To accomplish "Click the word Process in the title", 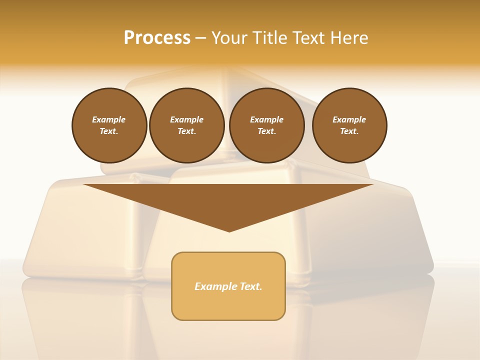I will pyautogui.click(x=157, y=38).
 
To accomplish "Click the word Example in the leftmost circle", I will pyautogui.click(x=108, y=119).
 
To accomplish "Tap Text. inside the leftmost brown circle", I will pyautogui.click(x=108, y=131).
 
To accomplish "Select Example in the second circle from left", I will pyautogui.click(x=186, y=119).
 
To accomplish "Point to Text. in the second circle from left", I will pyautogui.click(x=186, y=131).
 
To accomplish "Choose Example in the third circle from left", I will pyautogui.click(x=266, y=119).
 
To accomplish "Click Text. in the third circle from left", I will pyautogui.click(x=266, y=131).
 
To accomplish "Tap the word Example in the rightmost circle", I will pyautogui.click(x=349, y=119).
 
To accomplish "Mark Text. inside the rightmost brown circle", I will pyautogui.click(x=349, y=131).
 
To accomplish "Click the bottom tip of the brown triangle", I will pyautogui.click(x=229, y=230).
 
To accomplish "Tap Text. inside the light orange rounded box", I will pyautogui.click(x=250, y=286).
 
